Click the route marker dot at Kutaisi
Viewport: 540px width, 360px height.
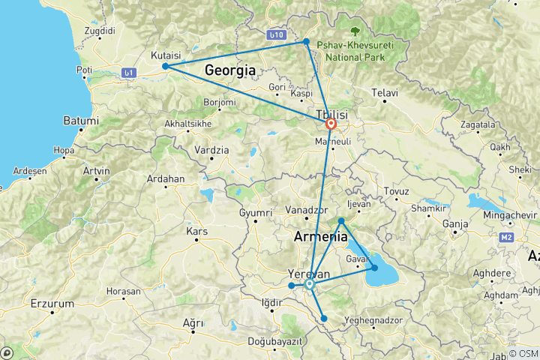point(165,66)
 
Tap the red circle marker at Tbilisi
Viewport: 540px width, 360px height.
point(331,124)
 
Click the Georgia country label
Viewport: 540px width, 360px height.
point(231,70)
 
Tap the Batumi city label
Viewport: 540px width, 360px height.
point(80,121)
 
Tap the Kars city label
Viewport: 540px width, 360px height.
point(196,231)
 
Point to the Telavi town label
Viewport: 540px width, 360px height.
point(384,93)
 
